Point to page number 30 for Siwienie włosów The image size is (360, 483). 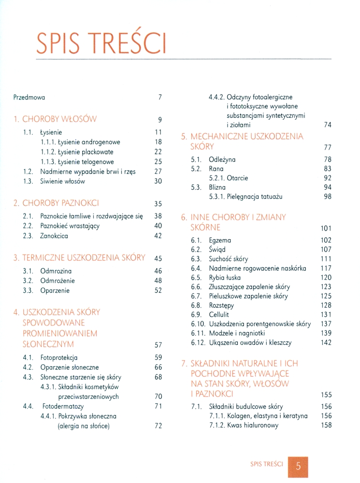(x=158, y=181)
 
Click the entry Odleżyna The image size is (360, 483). (x=222, y=159)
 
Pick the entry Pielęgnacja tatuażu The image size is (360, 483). (x=245, y=197)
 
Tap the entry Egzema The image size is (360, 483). (x=220, y=240)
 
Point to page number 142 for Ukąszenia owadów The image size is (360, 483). (x=326, y=342)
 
